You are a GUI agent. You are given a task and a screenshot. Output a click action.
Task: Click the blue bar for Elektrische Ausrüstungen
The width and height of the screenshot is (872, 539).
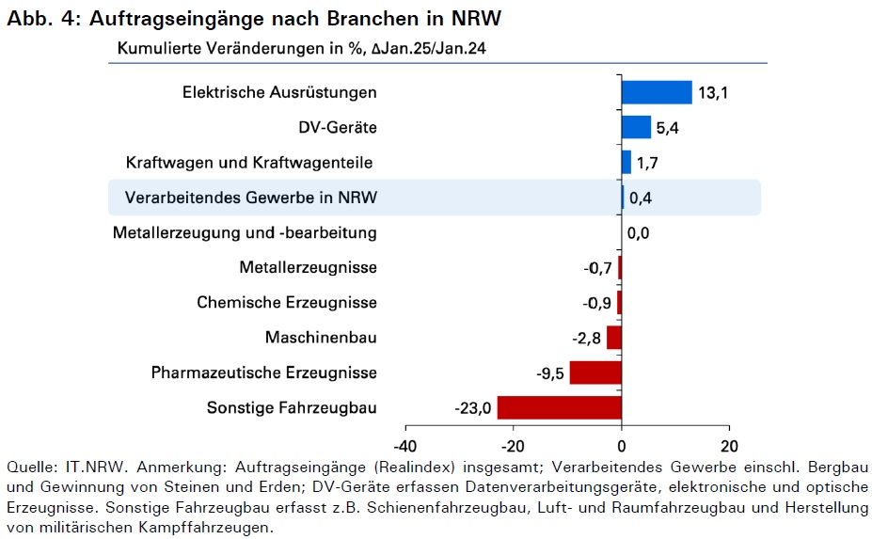(657, 92)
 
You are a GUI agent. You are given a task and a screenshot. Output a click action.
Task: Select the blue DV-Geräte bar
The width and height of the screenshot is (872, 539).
(636, 127)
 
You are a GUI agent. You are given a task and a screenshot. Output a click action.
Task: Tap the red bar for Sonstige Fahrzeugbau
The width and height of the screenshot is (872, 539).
(560, 407)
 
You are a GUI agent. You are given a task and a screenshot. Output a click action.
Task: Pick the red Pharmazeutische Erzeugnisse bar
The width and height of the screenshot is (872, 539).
(595, 373)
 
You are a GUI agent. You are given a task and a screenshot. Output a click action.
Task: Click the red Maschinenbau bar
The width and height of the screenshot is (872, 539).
(614, 338)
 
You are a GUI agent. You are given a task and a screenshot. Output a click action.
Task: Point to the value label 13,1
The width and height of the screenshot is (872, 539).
(713, 93)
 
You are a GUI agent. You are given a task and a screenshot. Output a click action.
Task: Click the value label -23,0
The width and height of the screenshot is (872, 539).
(473, 409)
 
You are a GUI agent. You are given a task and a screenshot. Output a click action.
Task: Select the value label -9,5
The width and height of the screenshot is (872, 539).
(550, 373)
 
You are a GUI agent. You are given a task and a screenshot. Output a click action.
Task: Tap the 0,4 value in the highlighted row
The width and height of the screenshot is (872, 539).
(641, 198)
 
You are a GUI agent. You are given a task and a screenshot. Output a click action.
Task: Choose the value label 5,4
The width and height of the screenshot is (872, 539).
(667, 128)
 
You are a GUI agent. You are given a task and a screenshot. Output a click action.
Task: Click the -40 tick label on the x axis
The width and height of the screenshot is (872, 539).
(404, 446)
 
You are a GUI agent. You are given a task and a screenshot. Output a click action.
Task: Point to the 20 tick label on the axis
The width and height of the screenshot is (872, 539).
(729, 446)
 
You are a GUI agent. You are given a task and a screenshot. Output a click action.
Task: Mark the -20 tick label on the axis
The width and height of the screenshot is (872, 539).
(513, 446)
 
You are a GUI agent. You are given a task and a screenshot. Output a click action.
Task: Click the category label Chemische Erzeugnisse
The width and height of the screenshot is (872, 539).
(287, 303)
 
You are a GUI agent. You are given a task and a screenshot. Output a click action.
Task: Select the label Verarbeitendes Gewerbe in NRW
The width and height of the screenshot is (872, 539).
(251, 198)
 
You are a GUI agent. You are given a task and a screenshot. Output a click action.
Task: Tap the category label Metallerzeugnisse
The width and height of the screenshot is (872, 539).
(309, 267)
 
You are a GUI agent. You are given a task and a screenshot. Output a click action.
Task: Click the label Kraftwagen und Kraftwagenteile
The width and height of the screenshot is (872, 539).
(249, 163)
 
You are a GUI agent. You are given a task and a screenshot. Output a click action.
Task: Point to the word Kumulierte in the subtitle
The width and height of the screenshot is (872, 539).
(159, 48)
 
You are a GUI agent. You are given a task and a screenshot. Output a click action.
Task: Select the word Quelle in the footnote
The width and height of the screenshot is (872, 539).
(32, 468)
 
